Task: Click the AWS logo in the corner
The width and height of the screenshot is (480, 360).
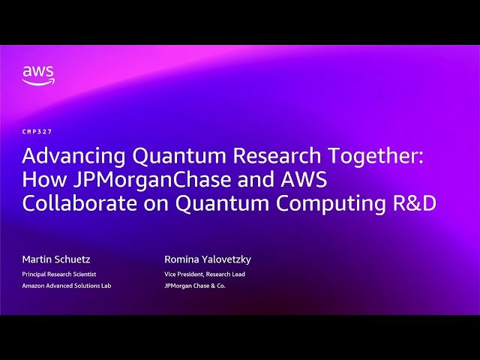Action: point(37,75)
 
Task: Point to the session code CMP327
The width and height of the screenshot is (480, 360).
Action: point(37,131)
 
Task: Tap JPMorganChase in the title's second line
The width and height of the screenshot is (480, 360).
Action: point(128,180)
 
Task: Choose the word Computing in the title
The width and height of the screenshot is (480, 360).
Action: point(334,204)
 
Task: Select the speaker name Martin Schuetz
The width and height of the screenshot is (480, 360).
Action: point(56,259)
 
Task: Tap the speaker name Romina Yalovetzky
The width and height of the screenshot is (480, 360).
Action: point(208,259)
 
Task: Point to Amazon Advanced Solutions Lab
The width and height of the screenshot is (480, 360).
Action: point(66,286)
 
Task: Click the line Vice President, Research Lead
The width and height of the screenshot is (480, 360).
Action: point(205,274)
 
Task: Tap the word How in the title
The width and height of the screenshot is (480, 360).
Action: point(40,180)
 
